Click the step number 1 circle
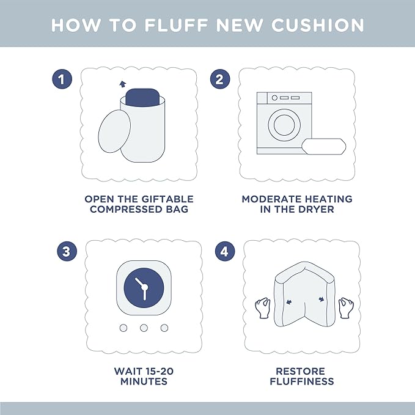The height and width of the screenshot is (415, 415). (62, 79)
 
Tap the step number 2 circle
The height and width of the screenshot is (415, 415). (220, 79)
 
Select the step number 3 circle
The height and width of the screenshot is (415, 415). (67, 251)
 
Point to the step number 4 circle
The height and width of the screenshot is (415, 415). (225, 251)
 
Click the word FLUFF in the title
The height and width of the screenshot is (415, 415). (176, 26)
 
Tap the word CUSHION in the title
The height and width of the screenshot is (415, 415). (318, 26)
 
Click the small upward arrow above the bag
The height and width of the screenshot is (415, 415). (122, 84)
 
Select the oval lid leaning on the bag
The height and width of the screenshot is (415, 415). (114, 131)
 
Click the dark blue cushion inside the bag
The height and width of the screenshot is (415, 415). (142, 97)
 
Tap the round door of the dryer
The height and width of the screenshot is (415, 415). (284, 125)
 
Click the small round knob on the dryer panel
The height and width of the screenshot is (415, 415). (274, 98)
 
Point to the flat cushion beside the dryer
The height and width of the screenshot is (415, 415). (324, 146)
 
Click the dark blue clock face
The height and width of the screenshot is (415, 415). (144, 288)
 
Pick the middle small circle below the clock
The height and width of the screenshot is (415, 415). (144, 328)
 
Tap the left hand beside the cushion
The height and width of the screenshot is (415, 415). (263, 308)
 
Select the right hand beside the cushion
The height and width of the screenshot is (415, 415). (346, 308)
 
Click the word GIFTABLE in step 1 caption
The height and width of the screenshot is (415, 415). (167, 199)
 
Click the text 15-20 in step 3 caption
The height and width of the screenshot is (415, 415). (159, 371)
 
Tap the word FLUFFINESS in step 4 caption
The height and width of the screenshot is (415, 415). (302, 381)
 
